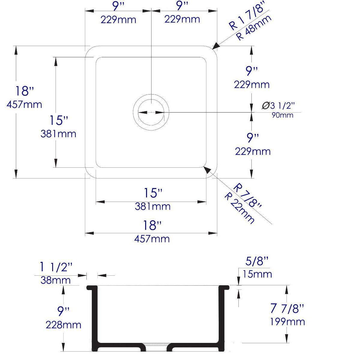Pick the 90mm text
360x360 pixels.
click(x=282, y=115)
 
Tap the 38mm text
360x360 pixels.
click(x=55, y=280)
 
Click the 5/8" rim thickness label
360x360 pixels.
click(x=257, y=262)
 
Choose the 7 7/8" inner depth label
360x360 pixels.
click(x=287, y=308)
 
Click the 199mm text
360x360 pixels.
click(x=288, y=322)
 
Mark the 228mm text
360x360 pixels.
click(x=63, y=324)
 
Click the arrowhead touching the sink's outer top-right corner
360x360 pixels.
click(x=215, y=46)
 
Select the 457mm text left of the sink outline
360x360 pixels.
click(x=24, y=104)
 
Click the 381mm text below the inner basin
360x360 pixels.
click(x=153, y=206)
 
